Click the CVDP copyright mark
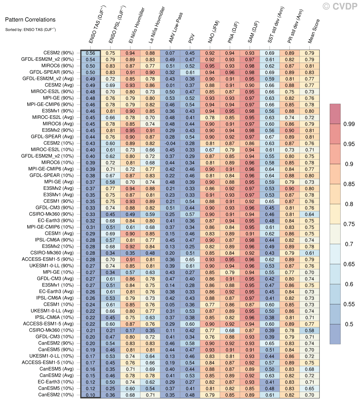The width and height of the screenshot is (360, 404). [x=340, y=6]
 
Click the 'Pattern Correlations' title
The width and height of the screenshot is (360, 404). [x=30, y=19]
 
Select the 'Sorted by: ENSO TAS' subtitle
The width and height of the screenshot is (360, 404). [x=30, y=29]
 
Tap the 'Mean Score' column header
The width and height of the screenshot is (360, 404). [x=314, y=31]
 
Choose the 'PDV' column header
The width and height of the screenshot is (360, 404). [x=191, y=39]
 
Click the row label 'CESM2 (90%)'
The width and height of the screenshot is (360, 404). [x=58, y=53]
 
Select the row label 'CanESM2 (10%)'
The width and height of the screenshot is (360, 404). [x=56, y=395]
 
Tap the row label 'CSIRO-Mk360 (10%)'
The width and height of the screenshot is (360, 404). [x=51, y=330]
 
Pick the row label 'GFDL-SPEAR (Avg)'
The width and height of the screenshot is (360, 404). [x=52, y=137]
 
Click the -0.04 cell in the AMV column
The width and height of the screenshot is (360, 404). [x=170, y=143]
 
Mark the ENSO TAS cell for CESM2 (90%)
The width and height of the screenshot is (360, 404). [x=90, y=53]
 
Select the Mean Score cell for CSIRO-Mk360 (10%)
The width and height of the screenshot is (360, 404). [x=309, y=331]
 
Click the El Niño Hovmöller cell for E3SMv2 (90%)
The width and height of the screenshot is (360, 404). [x=130, y=130]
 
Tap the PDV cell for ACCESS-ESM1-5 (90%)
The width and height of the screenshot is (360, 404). [x=190, y=260]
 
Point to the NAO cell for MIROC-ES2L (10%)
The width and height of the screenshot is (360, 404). [x=210, y=150]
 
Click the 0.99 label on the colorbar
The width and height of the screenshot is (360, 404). [x=349, y=124]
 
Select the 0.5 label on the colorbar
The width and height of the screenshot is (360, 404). [x=349, y=324]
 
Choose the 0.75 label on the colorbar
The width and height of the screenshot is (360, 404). [x=349, y=224]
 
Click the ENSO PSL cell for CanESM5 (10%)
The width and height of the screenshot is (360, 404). [x=110, y=389]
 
